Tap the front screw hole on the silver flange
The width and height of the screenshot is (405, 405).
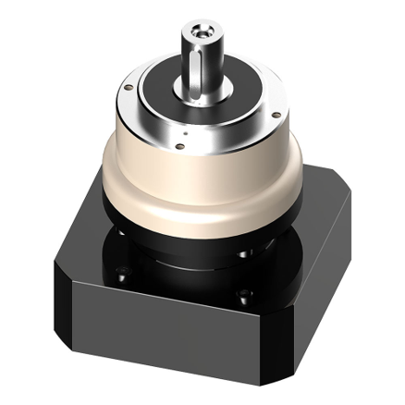(x=185, y=144)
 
